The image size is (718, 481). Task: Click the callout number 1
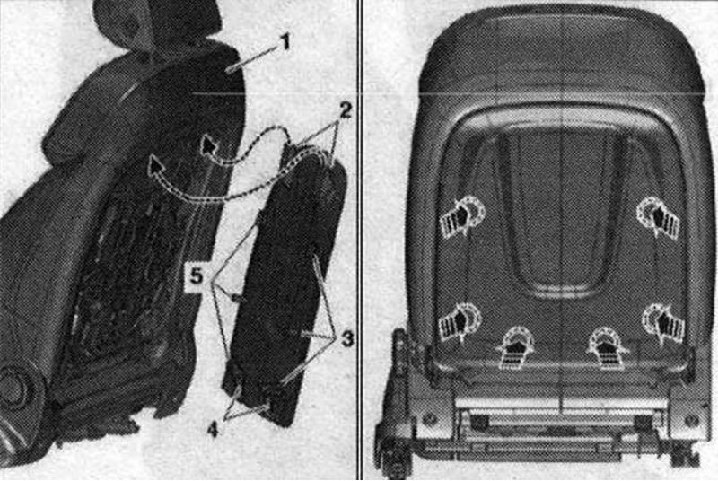point(285,42)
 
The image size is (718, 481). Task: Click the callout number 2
point(345,110)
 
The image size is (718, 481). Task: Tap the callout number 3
point(347,339)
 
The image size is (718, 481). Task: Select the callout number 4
point(212,430)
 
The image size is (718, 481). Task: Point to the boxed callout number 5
point(197,276)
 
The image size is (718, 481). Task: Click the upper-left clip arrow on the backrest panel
point(462,216)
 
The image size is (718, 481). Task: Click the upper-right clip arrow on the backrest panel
point(659,216)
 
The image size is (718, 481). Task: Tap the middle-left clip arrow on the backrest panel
point(460,323)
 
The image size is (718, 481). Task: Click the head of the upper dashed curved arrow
point(209,145)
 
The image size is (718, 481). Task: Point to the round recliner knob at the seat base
point(16,387)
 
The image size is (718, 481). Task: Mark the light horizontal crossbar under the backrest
point(561,403)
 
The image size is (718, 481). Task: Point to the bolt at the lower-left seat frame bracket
point(429,419)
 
